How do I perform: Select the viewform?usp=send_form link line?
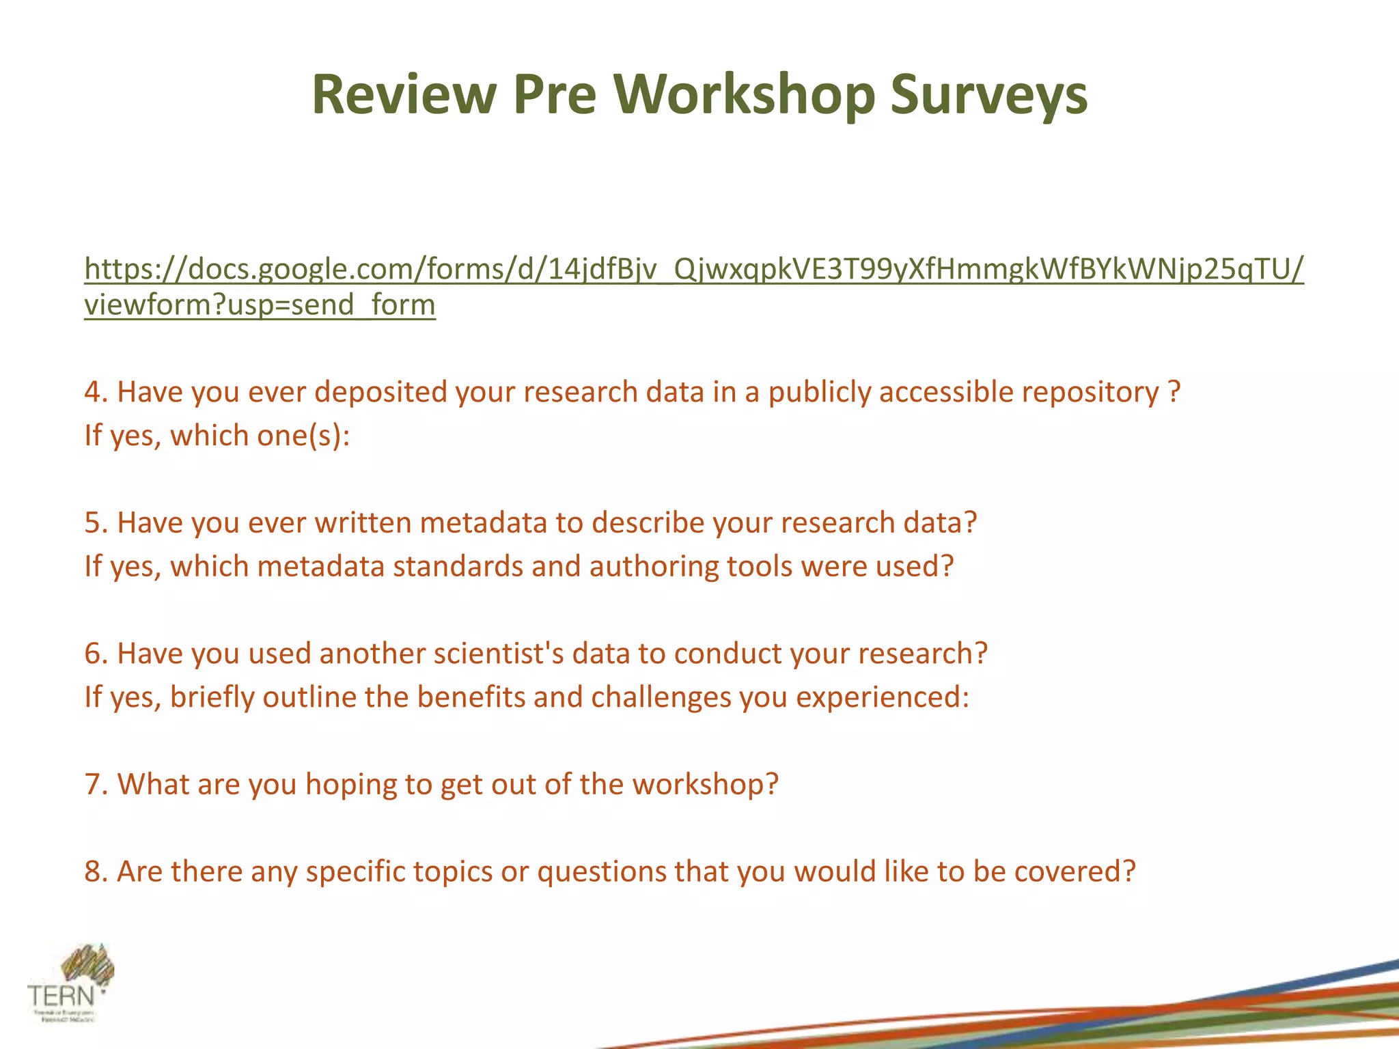click(260, 305)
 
